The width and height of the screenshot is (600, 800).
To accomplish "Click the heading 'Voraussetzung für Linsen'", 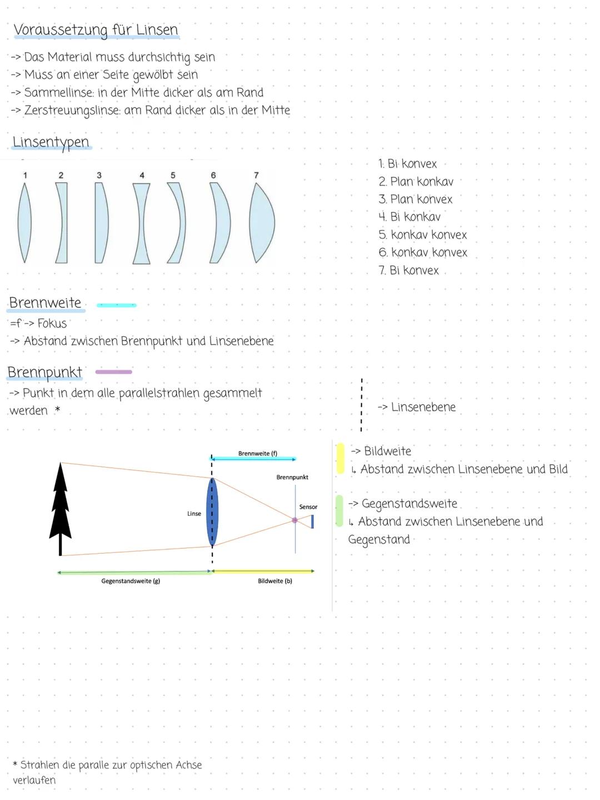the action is tap(96, 30).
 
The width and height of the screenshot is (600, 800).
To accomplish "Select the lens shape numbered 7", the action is tap(261, 222).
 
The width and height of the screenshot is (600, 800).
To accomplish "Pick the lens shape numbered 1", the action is tap(24, 222).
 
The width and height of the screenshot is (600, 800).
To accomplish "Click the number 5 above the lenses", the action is tap(173, 175).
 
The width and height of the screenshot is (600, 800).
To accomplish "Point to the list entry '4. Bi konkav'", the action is tap(409, 217).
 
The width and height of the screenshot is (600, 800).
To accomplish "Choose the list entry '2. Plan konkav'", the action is tap(416, 182).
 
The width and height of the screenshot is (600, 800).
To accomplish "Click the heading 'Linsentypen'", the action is tap(51, 142).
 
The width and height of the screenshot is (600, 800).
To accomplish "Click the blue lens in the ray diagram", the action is tap(212, 512).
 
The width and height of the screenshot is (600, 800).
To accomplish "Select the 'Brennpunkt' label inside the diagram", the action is tap(292, 478).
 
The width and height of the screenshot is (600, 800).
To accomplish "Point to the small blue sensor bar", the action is tap(312, 521).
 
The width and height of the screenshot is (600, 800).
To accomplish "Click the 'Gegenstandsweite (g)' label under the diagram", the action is tap(131, 581).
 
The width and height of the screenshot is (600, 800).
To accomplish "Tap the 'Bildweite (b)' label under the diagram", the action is tap(275, 581).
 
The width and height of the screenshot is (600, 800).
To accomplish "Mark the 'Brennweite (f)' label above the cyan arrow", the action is tap(258, 454).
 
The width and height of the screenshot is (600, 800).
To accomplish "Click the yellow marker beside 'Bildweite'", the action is tap(340, 458).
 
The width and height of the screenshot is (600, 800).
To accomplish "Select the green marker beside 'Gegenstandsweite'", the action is tap(339, 510).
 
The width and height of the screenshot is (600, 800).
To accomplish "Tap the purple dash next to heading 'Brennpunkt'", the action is tap(114, 372).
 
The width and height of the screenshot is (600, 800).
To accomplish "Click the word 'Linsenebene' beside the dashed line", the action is tap(423, 407).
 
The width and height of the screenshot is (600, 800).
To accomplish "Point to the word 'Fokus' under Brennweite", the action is tap(52, 324).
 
